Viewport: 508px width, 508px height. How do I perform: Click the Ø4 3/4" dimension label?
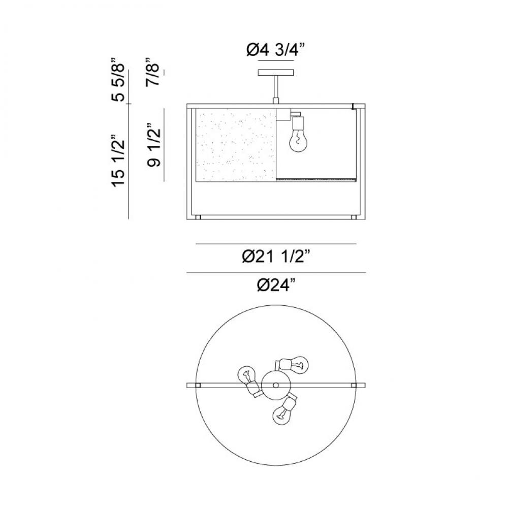(276, 50)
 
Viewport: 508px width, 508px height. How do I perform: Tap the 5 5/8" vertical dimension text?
(118, 80)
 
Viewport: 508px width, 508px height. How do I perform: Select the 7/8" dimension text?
(152, 72)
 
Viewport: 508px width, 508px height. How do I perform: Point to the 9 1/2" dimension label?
(153, 145)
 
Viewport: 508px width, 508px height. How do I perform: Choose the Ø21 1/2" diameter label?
(276, 257)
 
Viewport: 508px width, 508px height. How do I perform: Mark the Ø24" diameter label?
(276, 285)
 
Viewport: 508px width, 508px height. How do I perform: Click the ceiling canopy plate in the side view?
(276, 73)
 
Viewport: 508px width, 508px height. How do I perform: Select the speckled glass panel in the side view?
(236, 145)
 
